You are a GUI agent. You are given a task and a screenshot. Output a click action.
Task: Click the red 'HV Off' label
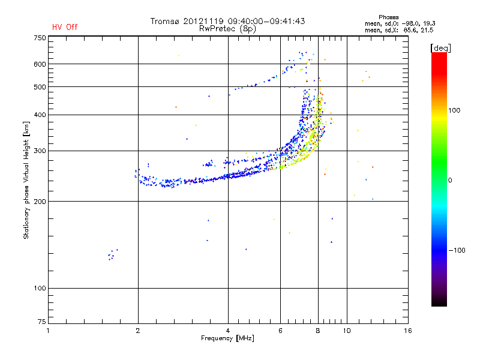coord(65,27)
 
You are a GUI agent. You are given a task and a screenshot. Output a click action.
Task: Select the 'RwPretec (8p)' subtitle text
coord(228,28)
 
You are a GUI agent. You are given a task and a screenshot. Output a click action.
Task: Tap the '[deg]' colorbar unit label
coord(440,48)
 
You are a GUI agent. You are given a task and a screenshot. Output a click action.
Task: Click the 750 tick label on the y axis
coord(40,38)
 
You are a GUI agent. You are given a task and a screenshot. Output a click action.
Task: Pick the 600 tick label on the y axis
coord(40,64)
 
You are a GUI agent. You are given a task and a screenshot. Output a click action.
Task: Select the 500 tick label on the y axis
coord(40,87)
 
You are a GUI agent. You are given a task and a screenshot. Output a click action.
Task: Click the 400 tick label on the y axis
coord(40,115)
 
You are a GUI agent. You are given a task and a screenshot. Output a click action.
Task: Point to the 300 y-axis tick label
coord(40,151)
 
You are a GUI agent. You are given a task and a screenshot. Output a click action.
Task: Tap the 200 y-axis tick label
coord(40,202)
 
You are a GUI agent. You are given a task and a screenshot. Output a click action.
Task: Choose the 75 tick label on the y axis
coord(41,324)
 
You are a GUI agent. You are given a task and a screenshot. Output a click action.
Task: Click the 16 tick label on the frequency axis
coord(408,331)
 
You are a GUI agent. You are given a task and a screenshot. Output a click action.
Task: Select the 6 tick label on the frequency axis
coord(280,331)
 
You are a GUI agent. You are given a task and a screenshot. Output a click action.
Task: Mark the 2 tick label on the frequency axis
coord(138,331)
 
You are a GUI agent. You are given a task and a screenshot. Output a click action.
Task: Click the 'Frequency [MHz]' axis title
coord(227,339)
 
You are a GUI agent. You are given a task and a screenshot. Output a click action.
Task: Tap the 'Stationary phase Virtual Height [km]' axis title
coord(26,180)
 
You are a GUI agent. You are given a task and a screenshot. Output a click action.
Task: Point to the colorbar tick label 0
coord(451,180)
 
